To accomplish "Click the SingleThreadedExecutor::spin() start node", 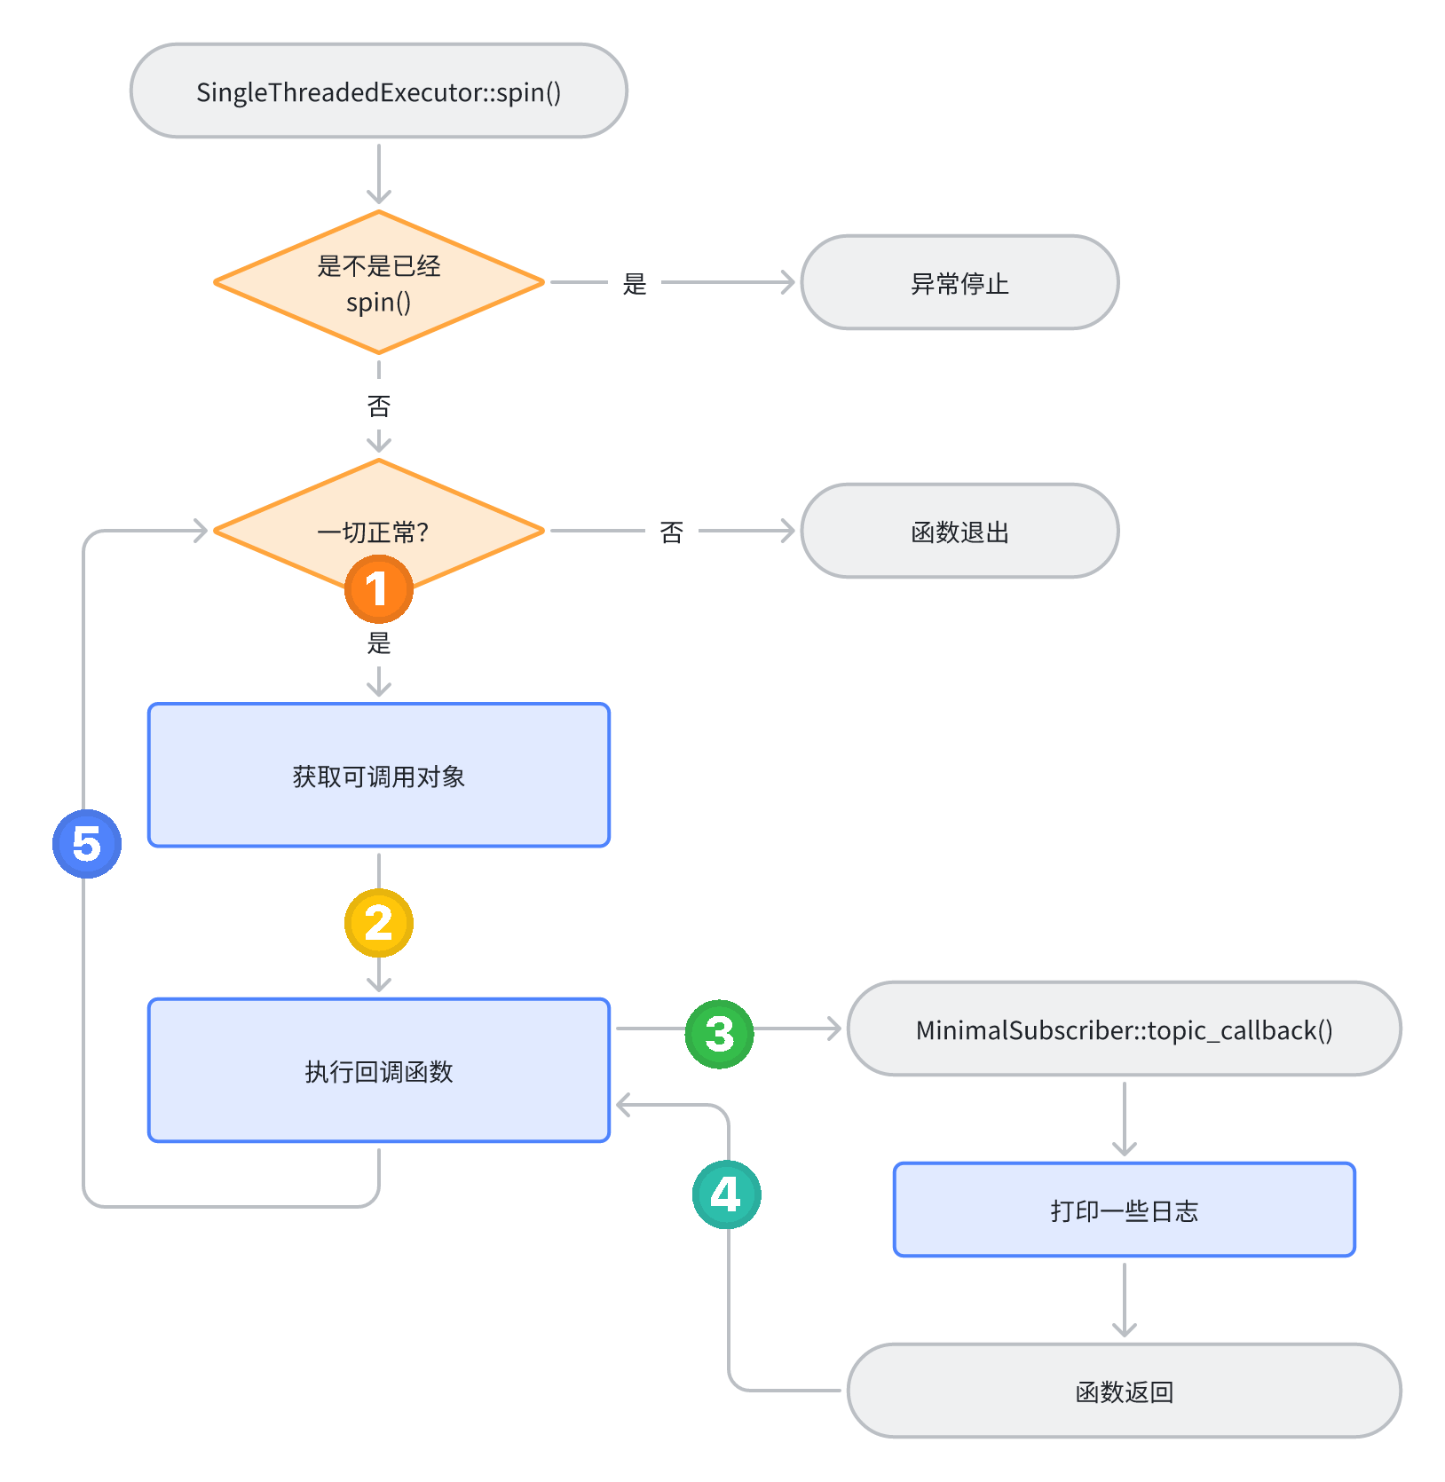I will [379, 91].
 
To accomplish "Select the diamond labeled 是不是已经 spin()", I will [379, 283].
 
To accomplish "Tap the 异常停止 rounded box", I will [959, 283].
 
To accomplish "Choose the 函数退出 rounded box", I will [959, 532].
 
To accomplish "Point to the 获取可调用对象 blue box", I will [379, 776].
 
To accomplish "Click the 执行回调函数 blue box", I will [379, 1070].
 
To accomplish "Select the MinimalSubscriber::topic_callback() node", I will [1124, 1029].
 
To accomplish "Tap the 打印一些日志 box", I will [1124, 1210].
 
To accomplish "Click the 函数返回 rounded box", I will [1124, 1391].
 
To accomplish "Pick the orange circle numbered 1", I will [379, 589].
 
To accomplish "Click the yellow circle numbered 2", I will [379, 923].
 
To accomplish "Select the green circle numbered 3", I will [719, 1034].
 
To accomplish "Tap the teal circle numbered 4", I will [726, 1194].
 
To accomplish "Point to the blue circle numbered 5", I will [87, 844].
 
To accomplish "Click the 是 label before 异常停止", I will [635, 284].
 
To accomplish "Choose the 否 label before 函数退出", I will [672, 532].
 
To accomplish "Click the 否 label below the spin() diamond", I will [379, 406].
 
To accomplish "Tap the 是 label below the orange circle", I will [379, 643].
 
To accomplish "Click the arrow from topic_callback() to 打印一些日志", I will [1125, 1118].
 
